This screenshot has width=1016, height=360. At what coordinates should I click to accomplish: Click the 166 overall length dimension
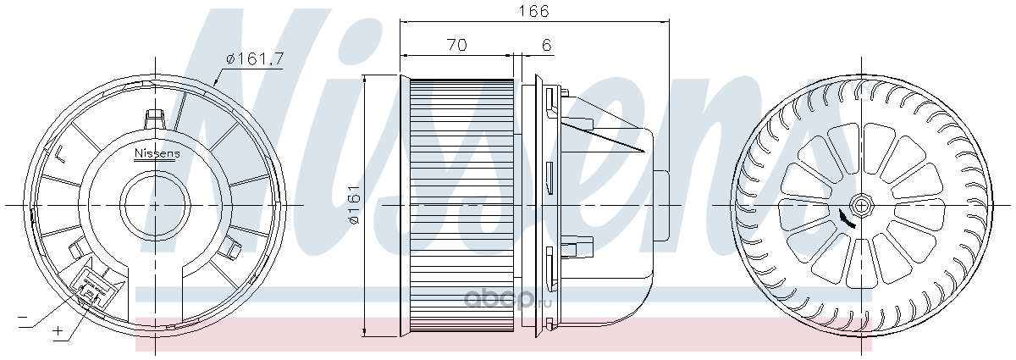(534, 10)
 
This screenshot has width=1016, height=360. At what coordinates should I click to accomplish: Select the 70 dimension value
(456, 45)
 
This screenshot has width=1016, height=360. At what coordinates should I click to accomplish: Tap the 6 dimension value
(547, 45)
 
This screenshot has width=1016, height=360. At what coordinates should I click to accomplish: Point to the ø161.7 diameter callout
(255, 59)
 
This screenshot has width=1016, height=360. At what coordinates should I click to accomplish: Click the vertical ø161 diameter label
(355, 204)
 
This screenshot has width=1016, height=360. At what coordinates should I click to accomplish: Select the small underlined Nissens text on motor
(157, 154)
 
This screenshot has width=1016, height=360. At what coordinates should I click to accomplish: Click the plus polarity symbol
(58, 331)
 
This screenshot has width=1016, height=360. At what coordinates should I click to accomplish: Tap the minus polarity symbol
(22, 317)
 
